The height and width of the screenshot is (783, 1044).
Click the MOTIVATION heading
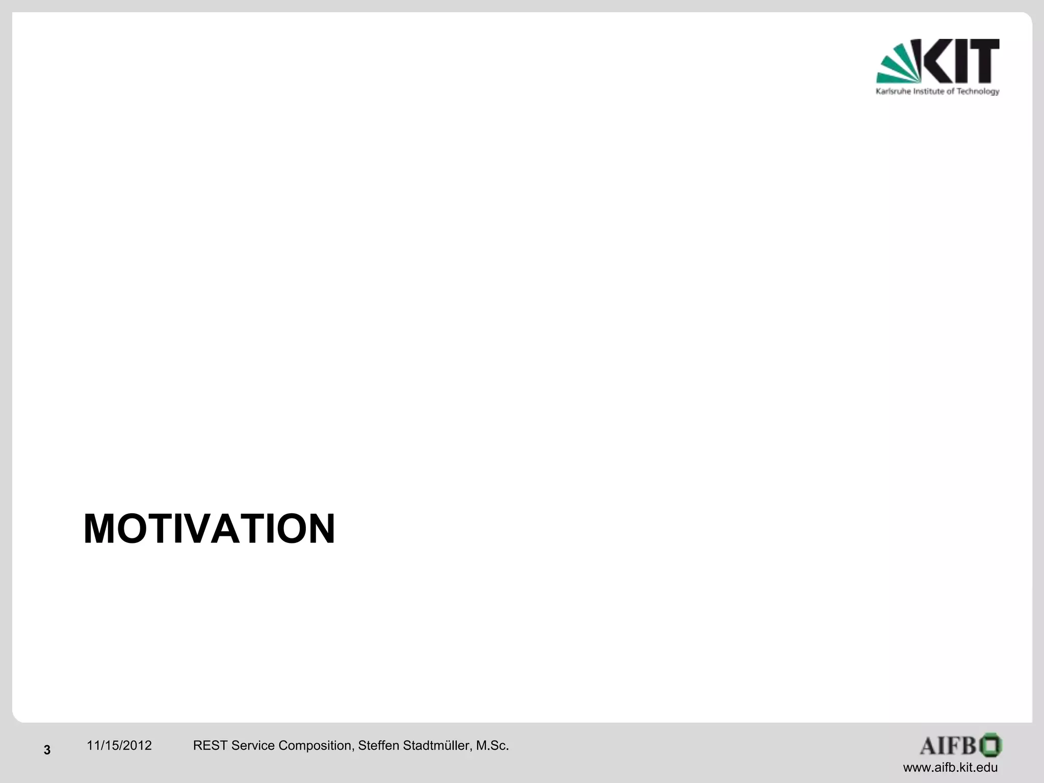209,529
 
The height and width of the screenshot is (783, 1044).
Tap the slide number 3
47,750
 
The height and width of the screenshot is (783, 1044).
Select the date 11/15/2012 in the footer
119,746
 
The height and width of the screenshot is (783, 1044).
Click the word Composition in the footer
316,746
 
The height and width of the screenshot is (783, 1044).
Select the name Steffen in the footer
379,746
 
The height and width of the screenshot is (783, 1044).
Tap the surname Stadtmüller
437,746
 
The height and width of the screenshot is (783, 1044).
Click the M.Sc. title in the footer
492,746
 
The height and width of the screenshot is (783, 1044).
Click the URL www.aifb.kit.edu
950,768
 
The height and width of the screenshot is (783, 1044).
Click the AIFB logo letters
947,746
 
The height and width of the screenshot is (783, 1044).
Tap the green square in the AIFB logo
990,745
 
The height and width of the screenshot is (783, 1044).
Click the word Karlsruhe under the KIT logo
892,92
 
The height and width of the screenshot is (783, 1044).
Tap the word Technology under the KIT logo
978,92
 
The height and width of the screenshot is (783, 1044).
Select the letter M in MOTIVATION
102,529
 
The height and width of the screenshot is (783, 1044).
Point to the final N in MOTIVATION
320,529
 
